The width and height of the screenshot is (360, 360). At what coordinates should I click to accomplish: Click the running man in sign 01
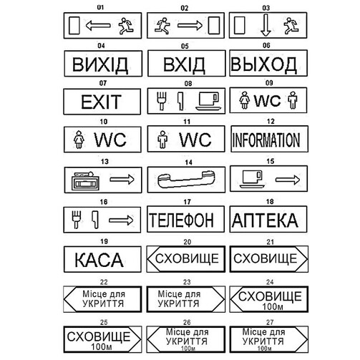(126, 26)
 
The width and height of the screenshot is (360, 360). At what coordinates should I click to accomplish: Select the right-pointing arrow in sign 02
(190, 25)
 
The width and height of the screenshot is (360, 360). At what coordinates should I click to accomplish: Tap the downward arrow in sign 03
(266, 25)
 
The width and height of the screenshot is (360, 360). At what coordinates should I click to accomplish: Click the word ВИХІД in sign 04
(100, 64)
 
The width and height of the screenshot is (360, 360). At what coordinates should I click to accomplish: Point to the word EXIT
(102, 102)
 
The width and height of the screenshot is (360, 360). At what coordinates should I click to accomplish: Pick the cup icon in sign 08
(208, 102)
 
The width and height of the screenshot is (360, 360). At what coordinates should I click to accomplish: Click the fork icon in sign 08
(161, 101)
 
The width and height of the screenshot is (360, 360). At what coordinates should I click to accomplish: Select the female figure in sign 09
(245, 100)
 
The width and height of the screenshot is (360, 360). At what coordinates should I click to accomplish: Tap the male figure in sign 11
(162, 140)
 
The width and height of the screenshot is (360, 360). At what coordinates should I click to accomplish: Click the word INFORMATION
(266, 140)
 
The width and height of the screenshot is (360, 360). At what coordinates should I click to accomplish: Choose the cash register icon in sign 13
(85, 181)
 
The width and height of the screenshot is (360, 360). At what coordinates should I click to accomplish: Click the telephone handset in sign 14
(186, 180)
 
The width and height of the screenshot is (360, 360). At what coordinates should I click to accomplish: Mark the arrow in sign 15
(288, 180)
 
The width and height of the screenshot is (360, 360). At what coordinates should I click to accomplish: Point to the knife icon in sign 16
(95, 220)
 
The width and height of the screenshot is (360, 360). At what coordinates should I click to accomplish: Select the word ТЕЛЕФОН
(181, 220)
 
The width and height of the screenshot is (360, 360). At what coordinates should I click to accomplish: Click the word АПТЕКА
(265, 220)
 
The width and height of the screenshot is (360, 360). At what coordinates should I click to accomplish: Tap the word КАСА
(99, 260)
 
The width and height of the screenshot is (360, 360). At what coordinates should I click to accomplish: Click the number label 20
(188, 242)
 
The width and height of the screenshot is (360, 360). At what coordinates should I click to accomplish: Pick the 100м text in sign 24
(273, 306)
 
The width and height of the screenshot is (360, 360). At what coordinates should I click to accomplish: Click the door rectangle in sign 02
(214, 25)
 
